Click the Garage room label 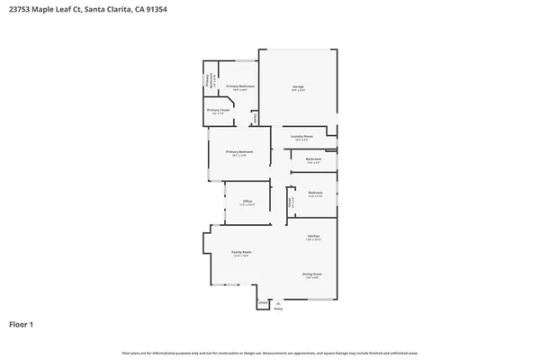coord(298,86)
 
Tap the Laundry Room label coord(301,136)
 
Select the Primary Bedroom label coord(239,152)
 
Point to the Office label coord(247,201)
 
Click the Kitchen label coord(314,236)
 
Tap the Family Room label coord(241,252)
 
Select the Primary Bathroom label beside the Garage coord(240,86)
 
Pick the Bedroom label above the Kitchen coord(315,193)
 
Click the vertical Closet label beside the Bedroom coord(290,203)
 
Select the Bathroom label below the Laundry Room coord(313,159)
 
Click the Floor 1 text coord(22,323)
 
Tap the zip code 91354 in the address coord(154,9)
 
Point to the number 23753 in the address coord(20,9)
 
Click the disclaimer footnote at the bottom coord(269,353)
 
